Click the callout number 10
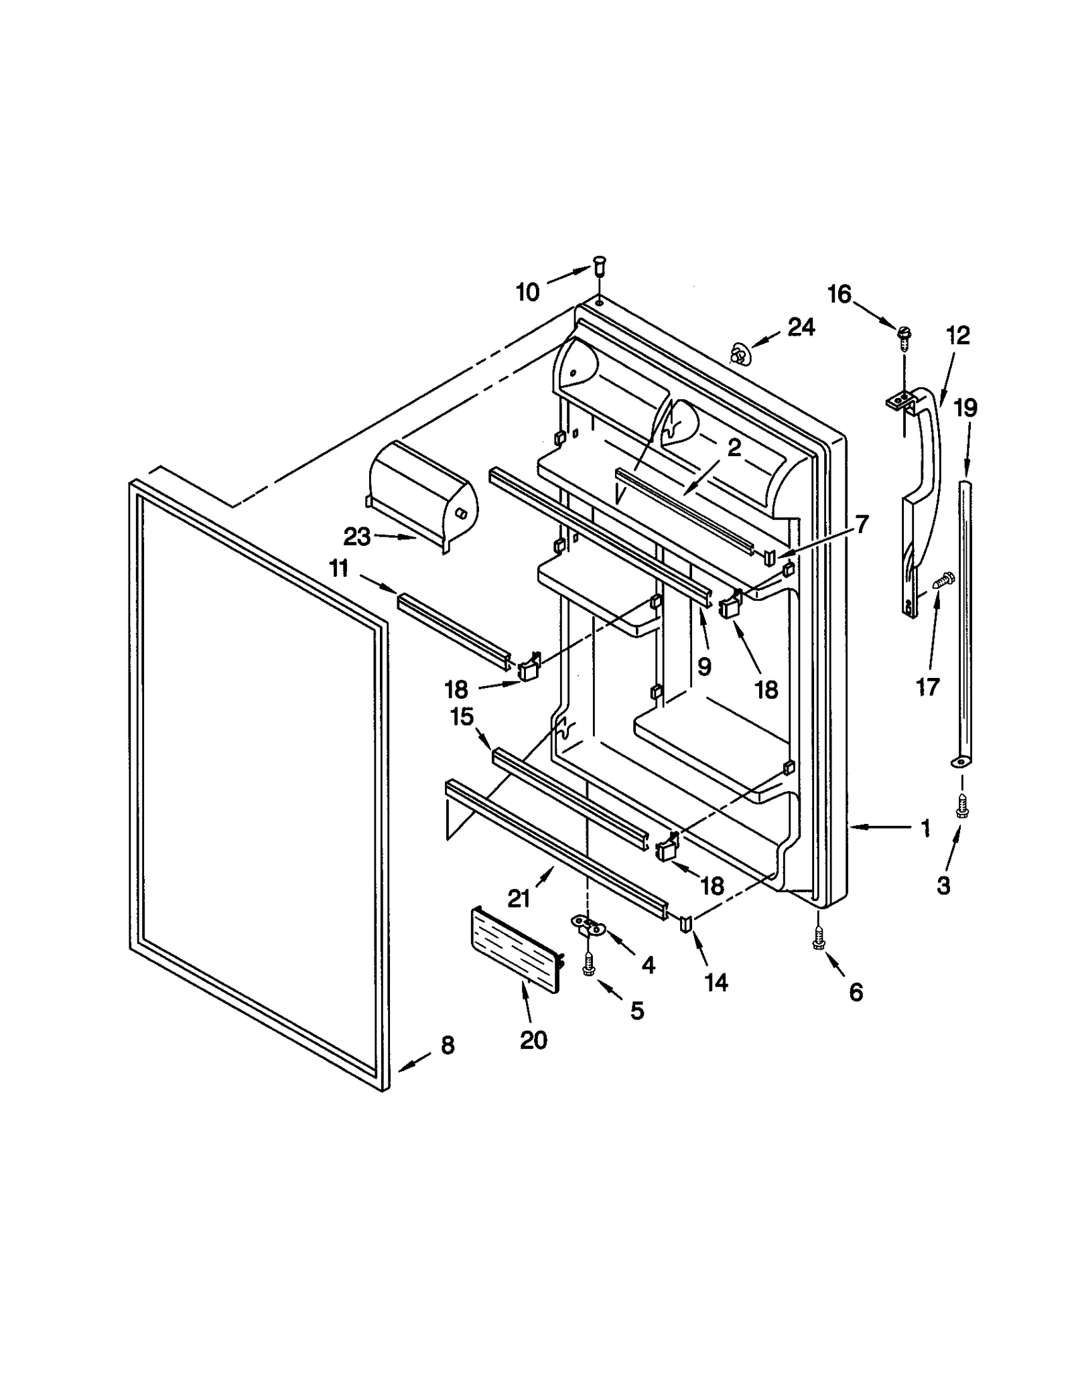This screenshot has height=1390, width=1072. pyautogui.click(x=527, y=292)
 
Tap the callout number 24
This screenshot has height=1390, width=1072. pyautogui.click(x=801, y=327)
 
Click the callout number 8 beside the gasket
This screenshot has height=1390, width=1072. pyautogui.click(x=448, y=1045)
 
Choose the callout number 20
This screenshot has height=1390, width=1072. pyautogui.click(x=533, y=1040)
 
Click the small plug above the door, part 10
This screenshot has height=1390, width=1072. pyautogui.click(x=598, y=265)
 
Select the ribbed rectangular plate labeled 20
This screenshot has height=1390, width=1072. pyautogui.click(x=516, y=949)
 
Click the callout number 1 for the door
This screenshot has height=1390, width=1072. pyautogui.click(x=925, y=829)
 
